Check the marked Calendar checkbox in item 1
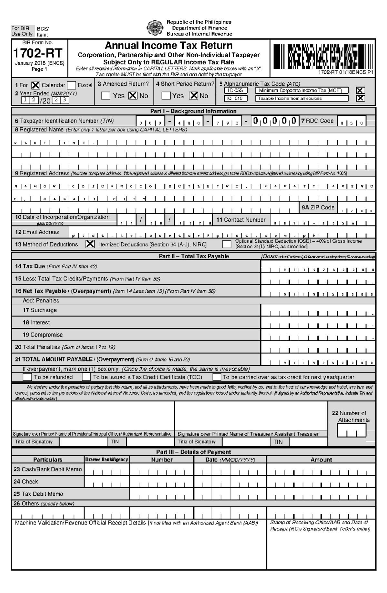(35, 85)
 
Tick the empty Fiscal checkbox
(71, 85)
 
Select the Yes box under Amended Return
(105, 96)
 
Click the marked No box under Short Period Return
(193, 96)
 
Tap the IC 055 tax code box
(235, 91)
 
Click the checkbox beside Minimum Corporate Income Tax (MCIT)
(360, 91)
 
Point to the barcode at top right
(323, 57)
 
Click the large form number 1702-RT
(38, 53)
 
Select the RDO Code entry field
(352, 122)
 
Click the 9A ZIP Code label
(318, 208)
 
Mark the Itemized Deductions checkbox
(90, 244)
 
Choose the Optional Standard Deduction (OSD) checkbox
(227, 244)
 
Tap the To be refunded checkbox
(27, 377)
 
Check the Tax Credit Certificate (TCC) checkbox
(86, 377)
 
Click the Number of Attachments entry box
(352, 430)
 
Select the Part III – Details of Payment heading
(193, 452)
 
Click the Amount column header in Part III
(321, 460)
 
